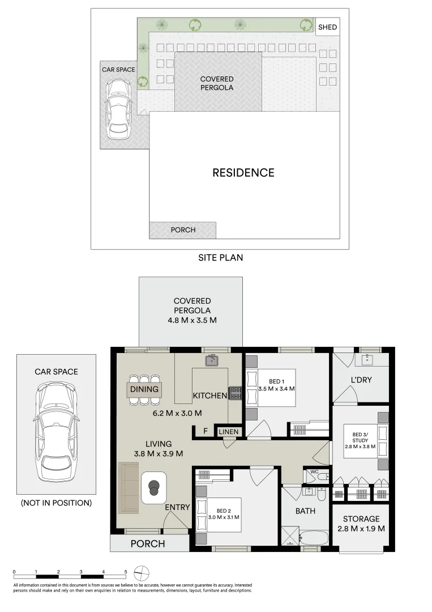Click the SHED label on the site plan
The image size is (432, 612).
pyautogui.click(x=327, y=27)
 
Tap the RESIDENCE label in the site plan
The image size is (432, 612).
pyautogui.click(x=243, y=173)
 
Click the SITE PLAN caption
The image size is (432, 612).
pyautogui.click(x=220, y=258)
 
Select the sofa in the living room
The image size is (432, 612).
pyautogui.click(x=128, y=488)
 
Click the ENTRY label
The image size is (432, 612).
pyautogui.click(x=177, y=507)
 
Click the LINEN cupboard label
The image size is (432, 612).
pyautogui.click(x=229, y=432)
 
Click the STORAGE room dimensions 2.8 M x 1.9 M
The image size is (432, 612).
pyautogui.click(x=361, y=529)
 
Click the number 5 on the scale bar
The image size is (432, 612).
pyautogui.click(x=126, y=572)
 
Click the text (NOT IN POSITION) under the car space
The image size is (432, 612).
pyautogui.click(x=56, y=503)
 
